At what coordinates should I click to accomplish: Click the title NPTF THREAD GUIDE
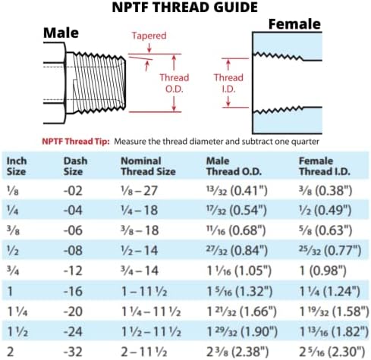pos(185,8)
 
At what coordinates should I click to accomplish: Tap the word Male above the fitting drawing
pos(61,33)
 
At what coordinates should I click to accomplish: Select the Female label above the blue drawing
pos(294,24)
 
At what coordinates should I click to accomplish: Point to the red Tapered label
pos(149,36)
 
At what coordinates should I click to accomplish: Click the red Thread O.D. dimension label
pos(174,83)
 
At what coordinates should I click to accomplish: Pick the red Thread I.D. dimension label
pos(228,83)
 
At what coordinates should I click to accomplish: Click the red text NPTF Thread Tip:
pos(76,141)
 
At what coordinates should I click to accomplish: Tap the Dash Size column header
pos(75,166)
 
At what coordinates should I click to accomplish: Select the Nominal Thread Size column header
pos(148,166)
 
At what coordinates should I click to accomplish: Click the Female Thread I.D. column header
pos(325,166)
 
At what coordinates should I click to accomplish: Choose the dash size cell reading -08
pos(73,251)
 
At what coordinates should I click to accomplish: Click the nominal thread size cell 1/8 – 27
pos(139,190)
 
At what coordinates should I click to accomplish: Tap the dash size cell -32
pos(73,352)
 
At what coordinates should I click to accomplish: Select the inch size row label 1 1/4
pos(17,311)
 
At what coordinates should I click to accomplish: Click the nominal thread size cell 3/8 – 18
pos(140,230)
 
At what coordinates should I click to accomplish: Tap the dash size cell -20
pos(73,311)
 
